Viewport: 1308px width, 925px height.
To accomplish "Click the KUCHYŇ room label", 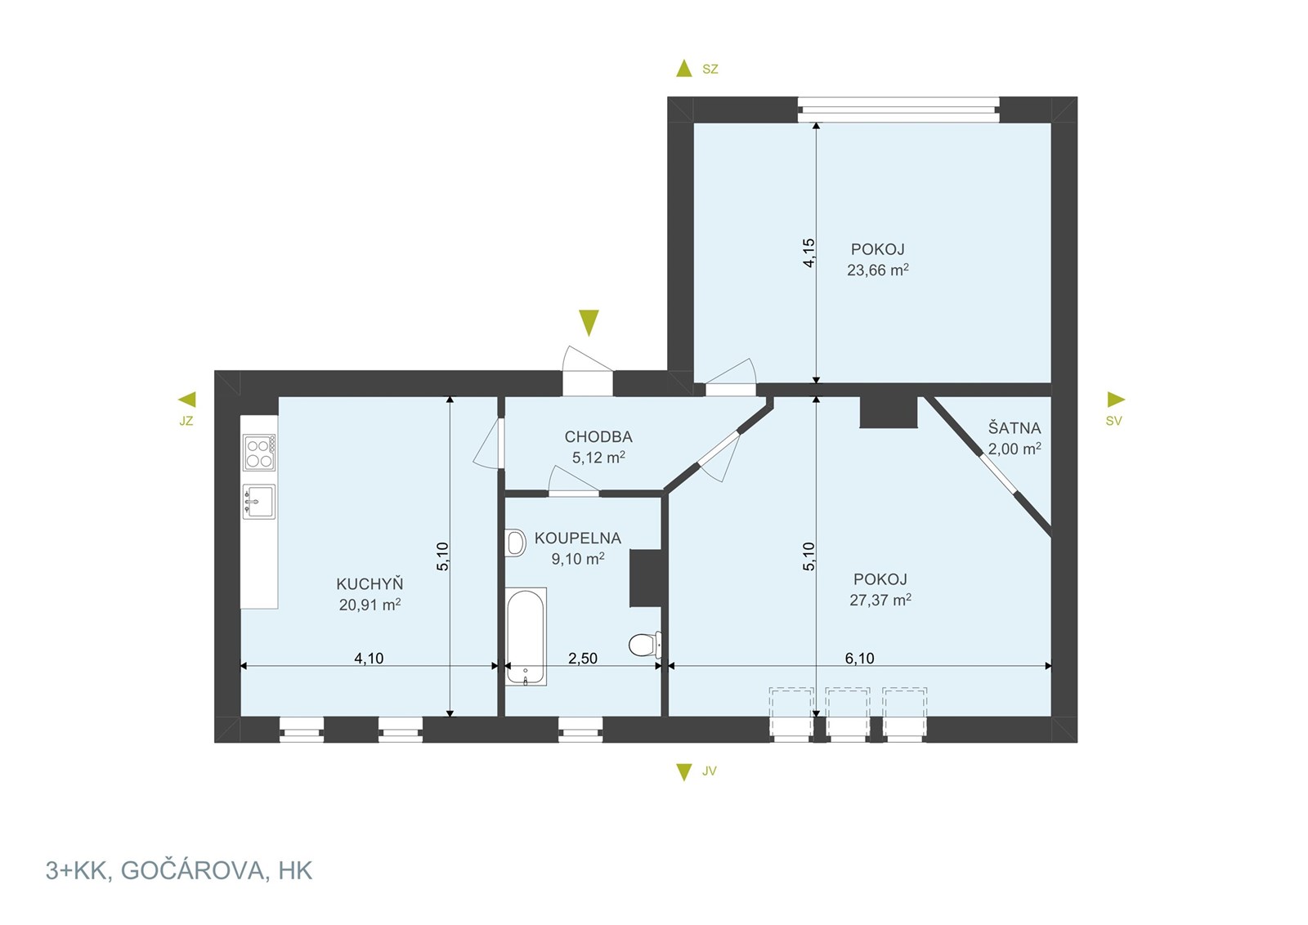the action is point(370,583).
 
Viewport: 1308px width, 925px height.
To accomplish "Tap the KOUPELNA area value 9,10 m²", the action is point(578,558).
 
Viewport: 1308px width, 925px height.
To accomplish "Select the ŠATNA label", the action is point(1015,428).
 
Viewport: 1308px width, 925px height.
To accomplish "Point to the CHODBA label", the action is point(598,436).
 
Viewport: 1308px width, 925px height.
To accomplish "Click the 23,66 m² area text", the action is point(878,270).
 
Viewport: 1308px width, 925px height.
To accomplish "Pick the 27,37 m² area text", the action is point(880,599).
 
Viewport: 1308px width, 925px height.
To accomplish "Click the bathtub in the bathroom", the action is point(526,636).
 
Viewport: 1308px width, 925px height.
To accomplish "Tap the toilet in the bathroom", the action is point(645,645).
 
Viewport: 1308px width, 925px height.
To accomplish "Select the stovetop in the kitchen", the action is point(259,453).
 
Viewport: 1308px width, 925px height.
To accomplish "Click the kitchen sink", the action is point(259,501).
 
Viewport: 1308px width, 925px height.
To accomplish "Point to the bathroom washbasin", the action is point(515,543).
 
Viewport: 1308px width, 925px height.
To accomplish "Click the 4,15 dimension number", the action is point(809,253).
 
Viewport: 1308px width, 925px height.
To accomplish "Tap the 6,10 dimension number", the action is point(859,659).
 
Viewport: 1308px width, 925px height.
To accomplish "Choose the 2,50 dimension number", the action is point(583,659).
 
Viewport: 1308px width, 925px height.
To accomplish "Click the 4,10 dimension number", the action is point(369,659).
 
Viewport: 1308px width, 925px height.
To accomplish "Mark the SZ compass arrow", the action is point(683,69).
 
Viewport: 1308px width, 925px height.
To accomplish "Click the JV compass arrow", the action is point(683,772).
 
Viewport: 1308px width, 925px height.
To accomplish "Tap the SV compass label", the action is point(1113,421).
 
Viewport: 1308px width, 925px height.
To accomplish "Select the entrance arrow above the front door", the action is point(589,323).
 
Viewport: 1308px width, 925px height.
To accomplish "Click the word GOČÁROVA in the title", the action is point(193,871).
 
